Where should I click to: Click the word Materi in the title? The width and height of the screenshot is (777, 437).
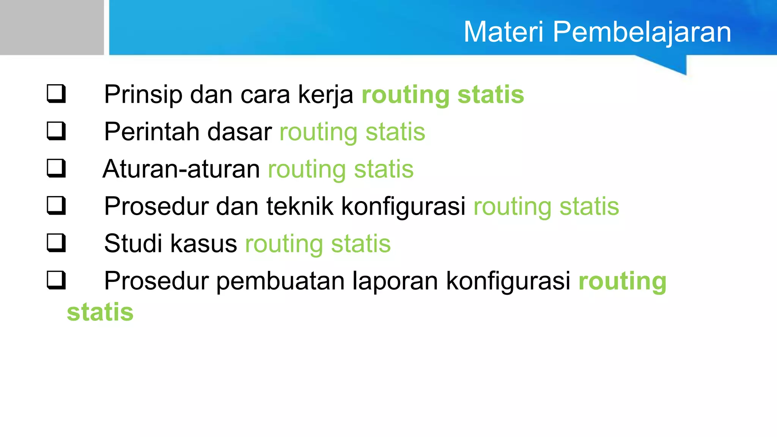click(x=504, y=32)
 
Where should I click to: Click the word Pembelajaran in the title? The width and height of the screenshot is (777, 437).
click(x=642, y=32)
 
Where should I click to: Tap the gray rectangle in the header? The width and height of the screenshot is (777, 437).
click(x=52, y=27)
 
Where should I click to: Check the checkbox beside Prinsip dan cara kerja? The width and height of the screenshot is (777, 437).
click(x=56, y=94)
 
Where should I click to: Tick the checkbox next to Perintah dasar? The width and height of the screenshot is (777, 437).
click(x=56, y=131)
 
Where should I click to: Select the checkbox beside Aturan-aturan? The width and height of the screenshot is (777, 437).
click(x=56, y=168)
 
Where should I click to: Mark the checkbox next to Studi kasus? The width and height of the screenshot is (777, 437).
click(x=56, y=243)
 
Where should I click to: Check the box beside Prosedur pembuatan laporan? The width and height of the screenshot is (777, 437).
click(x=56, y=280)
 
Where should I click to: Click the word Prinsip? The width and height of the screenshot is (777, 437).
click(x=143, y=94)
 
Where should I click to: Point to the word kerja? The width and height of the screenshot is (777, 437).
click(x=326, y=94)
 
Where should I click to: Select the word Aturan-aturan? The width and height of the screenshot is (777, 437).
click(x=181, y=169)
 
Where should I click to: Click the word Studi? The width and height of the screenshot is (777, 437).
click(x=133, y=244)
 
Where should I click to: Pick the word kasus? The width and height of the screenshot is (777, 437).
click(x=203, y=244)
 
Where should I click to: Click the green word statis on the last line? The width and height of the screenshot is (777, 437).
click(x=100, y=312)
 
